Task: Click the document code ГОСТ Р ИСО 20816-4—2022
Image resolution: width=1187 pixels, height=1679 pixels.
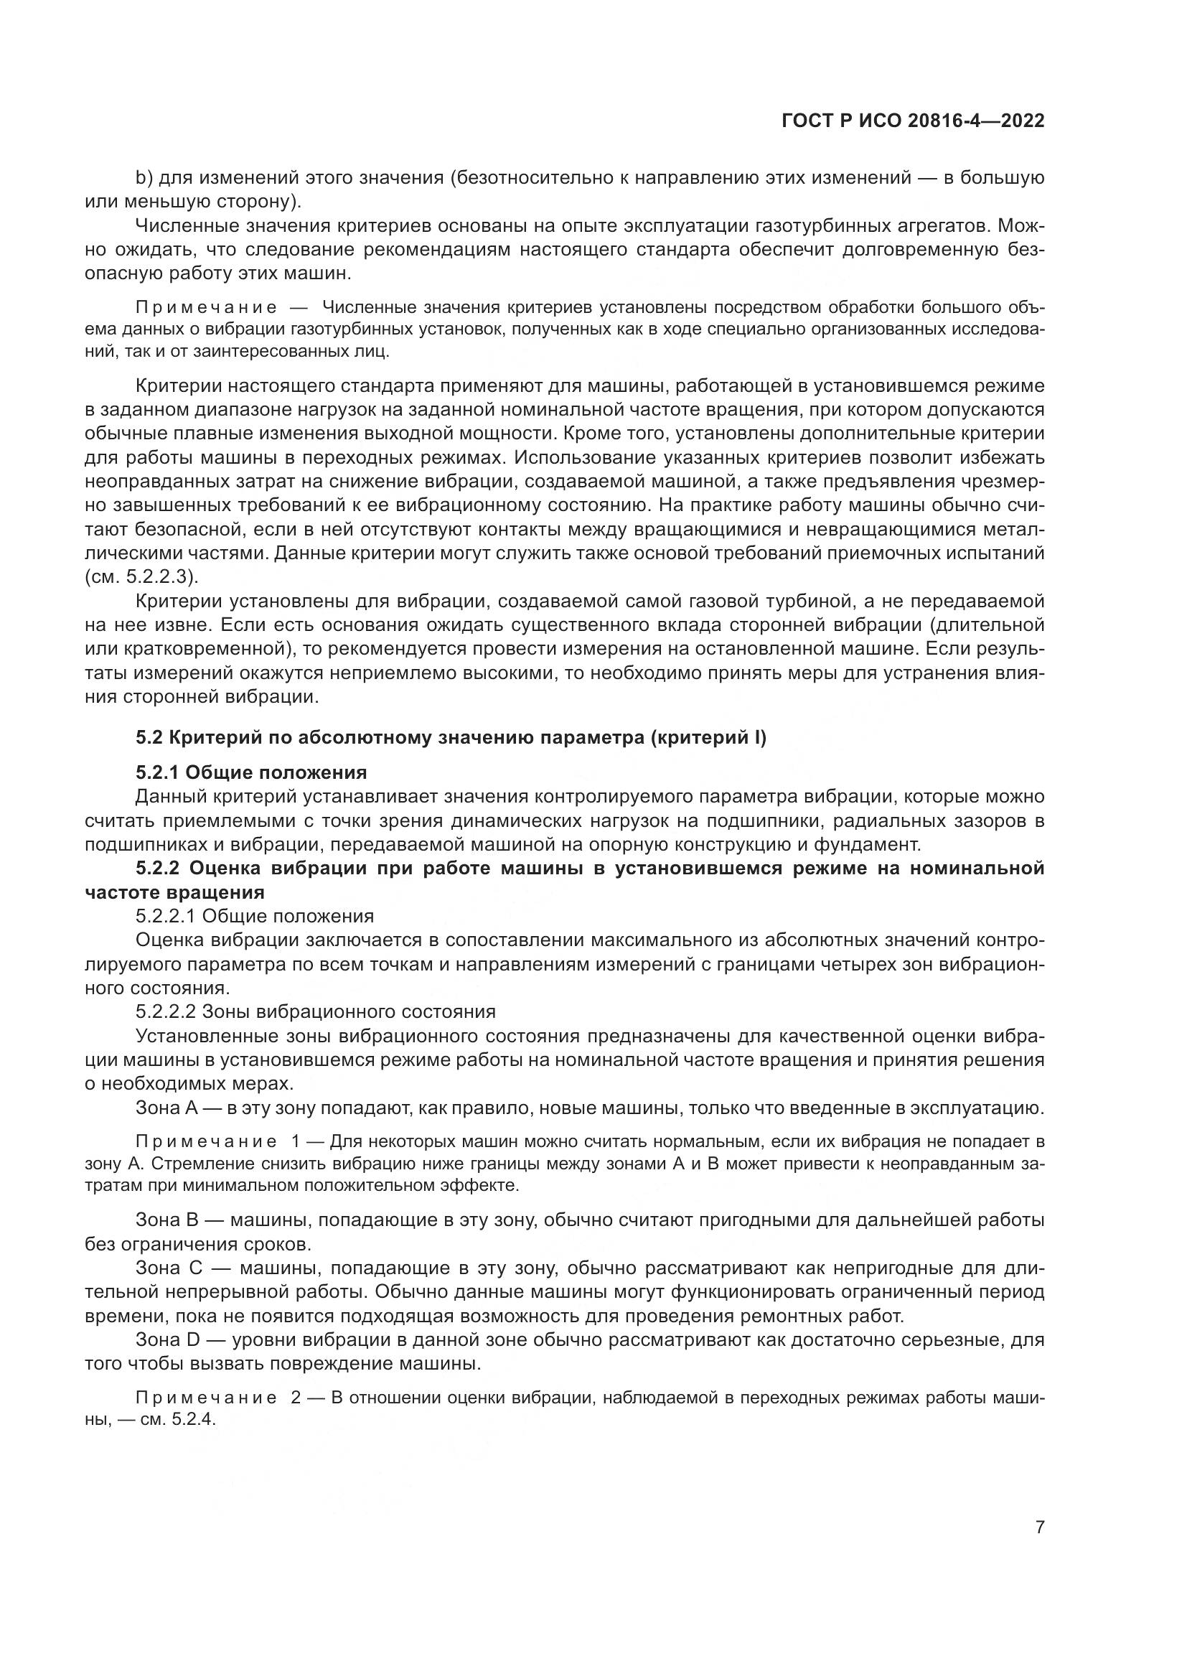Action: (x=913, y=121)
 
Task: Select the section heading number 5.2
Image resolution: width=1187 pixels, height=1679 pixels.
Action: (x=150, y=738)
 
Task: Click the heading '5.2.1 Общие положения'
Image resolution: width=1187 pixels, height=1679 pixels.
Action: (x=250, y=772)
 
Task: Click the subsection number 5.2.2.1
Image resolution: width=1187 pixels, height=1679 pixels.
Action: (x=165, y=916)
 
